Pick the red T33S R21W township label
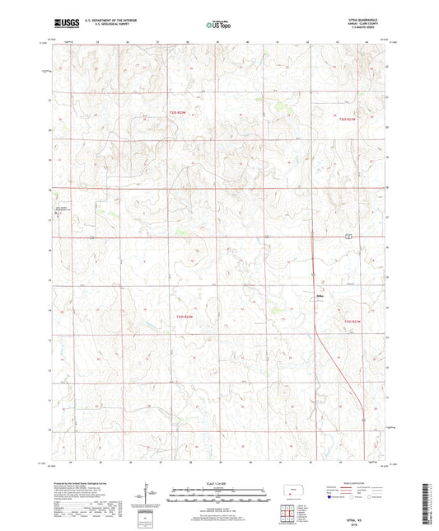353,321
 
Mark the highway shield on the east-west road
349,236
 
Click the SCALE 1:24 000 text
218,483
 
